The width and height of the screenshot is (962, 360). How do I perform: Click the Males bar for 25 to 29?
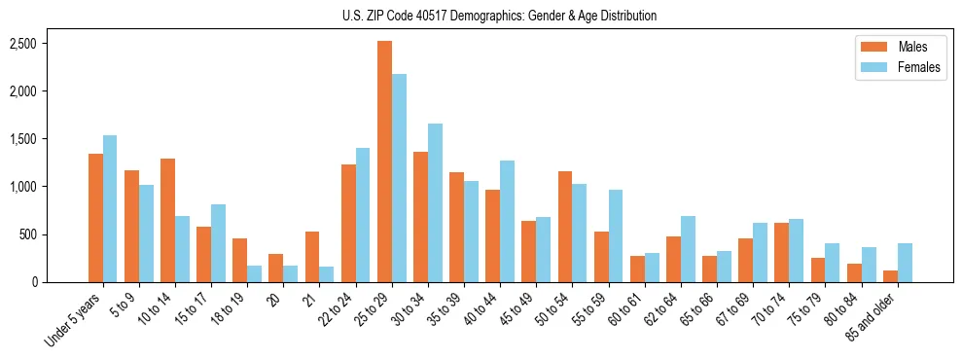tap(384, 162)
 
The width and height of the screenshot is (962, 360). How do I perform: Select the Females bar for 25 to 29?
tap(399, 178)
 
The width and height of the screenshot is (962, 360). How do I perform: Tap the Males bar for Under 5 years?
tap(95, 218)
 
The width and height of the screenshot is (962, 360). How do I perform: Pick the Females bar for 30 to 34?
tap(435, 202)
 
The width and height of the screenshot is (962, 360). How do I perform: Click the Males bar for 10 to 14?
tap(167, 220)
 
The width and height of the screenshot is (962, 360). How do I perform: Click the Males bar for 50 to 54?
tap(565, 227)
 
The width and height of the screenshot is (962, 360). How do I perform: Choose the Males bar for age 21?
tap(312, 257)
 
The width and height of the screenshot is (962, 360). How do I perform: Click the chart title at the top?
tap(499, 16)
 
